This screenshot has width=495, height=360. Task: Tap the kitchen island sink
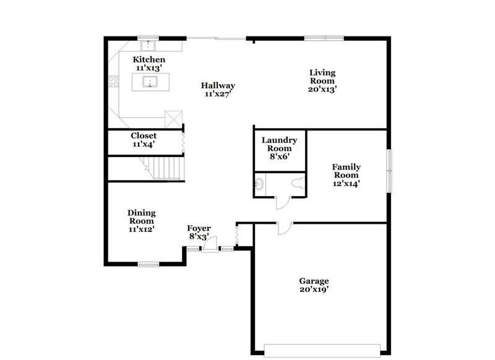(149, 82)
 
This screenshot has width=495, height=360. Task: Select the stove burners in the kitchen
(114, 80)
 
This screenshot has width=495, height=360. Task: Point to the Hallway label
(220, 86)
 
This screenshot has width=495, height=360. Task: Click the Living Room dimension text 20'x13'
(323, 88)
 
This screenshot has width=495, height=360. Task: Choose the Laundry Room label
(279, 148)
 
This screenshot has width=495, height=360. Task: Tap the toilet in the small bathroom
(299, 183)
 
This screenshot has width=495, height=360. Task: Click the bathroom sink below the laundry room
(260, 184)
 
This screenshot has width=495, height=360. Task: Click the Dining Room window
(149, 264)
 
